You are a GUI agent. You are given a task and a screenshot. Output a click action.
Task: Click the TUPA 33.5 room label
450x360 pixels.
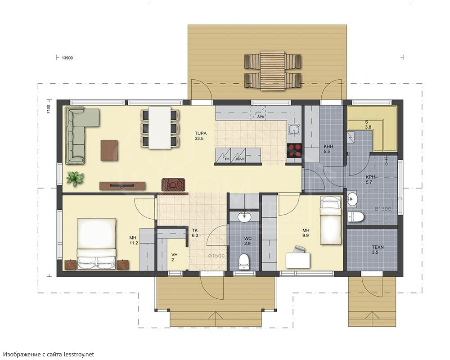(x=201, y=136)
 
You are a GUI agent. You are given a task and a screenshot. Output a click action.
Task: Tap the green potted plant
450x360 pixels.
(x=75, y=179)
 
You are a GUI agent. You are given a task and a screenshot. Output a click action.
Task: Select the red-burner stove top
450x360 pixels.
(x=294, y=150)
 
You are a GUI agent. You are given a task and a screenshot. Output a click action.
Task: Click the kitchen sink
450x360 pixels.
(x=294, y=130)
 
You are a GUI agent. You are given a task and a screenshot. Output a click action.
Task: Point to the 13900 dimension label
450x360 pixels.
(x=67, y=58)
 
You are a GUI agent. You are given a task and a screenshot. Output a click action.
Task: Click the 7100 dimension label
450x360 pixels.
(x=49, y=109)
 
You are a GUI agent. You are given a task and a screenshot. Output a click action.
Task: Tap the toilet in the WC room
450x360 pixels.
(x=243, y=261)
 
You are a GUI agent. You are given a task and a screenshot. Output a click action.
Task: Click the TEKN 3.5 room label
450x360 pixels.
(x=378, y=250)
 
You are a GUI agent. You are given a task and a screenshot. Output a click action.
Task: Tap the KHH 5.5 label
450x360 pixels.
(x=327, y=148)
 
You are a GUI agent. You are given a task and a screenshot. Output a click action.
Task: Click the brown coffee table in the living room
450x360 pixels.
(x=109, y=150)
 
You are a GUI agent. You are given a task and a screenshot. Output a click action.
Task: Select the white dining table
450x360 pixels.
(x=160, y=128)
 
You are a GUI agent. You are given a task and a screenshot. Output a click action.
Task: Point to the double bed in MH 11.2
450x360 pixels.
(x=96, y=243)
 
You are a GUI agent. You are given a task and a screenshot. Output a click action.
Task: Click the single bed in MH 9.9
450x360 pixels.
(x=331, y=220)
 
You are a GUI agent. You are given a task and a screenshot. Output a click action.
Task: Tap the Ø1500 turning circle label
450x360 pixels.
(x=216, y=256)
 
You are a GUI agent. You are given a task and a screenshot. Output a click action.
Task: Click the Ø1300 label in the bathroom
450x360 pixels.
(x=383, y=209)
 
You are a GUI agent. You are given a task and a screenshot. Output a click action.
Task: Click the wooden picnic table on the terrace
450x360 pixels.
(x=273, y=71)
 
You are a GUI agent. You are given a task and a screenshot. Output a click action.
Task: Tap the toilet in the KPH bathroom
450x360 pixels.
(x=356, y=217)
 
